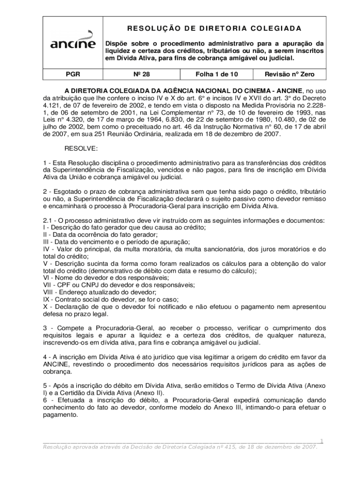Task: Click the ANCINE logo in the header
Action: pos(73,44)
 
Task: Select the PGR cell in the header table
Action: pos(73,74)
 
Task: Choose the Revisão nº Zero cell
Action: pos(289,74)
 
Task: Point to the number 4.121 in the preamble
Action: pos(52,106)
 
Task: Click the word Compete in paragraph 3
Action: pos(70,328)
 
